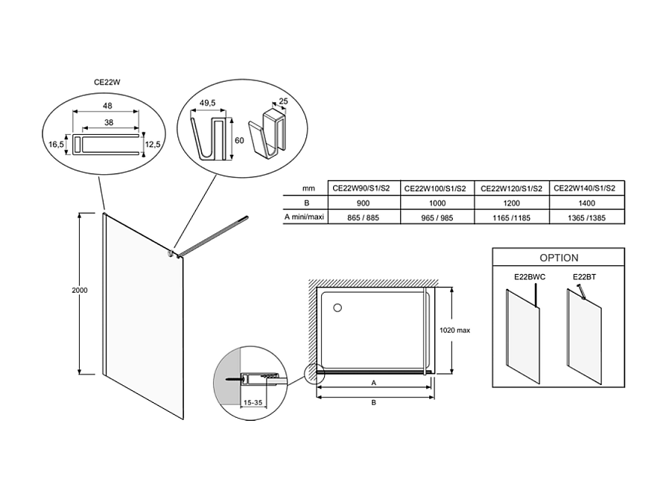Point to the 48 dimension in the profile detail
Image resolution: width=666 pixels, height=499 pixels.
(107, 105)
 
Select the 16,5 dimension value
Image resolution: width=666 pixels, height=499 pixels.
(56, 144)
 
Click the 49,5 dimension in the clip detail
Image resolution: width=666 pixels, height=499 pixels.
(208, 103)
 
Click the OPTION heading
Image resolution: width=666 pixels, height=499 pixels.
(559, 258)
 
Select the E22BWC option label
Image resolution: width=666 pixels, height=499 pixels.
(529, 277)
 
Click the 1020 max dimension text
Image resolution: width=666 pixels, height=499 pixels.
(456, 330)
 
